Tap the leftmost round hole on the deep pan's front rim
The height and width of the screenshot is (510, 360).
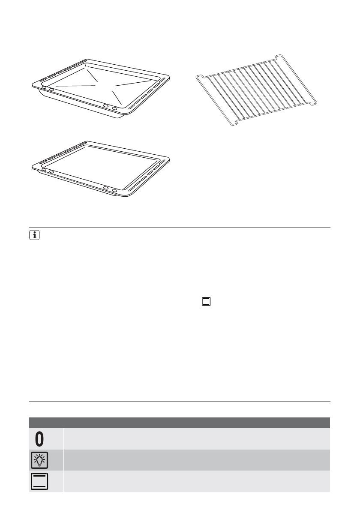tap(44, 87)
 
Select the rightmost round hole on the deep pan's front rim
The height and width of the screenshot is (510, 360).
tap(114, 108)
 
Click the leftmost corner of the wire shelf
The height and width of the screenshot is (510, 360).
tap(196, 76)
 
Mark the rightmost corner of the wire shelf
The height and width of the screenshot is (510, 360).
tap(317, 103)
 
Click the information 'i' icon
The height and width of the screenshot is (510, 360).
tap(33, 235)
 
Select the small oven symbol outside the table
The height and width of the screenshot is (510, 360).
tap(207, 301)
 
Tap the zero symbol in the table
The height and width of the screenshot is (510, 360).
tap(39, 439)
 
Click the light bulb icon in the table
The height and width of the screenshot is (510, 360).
tap(39, 460)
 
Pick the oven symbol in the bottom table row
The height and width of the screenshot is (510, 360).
tap(39, 481)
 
